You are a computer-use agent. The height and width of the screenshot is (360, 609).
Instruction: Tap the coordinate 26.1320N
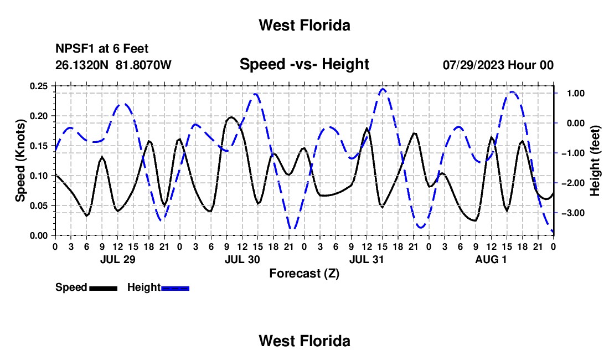pyautogui.click(x=82, y=65)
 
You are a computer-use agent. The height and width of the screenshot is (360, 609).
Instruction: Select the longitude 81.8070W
pyautogui.click(x=143, y=65)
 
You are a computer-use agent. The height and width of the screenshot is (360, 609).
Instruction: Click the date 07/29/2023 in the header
pyautogui.click(x=473, y=65)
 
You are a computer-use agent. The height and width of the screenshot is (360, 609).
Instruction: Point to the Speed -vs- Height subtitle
pyautogui.click(x=304, y=64)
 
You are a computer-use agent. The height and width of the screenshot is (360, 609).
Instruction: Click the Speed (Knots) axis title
pyautogui.click(x=20, y=161)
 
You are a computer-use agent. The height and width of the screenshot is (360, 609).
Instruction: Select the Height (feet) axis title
pyautogui.click(x=595, y=161)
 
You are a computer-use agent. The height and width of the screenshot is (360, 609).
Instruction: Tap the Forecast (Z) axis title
pyautogui.click(x=304, y=274)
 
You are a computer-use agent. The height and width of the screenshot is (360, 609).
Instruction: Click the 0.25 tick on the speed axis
pyautogui.click(x=39, y=86)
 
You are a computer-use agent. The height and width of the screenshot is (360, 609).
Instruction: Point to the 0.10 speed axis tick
pyautogui.click(x=39, y=176)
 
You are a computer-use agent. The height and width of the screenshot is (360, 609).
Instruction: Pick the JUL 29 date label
pyautogui.click(x=118, y=259)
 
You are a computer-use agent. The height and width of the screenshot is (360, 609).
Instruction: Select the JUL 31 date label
pyautogui.click(x=367, y=259)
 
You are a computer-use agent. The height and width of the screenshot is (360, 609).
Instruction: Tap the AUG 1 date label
pyautogui.click(x=491, y=259)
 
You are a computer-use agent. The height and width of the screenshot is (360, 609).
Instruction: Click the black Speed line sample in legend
pyautogui.click(x=104, y=289)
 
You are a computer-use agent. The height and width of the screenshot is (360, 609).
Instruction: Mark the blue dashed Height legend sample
pyautogui.click(x=175, y=289)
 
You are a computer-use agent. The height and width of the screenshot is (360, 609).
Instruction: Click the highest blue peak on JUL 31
pyautogui.click(x=383, y=89)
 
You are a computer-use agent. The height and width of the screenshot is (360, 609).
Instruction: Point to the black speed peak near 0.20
pyautogui.click(x=231, y=117)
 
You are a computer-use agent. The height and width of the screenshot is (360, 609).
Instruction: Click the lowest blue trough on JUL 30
pyautogui.click(x=293, y=228)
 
